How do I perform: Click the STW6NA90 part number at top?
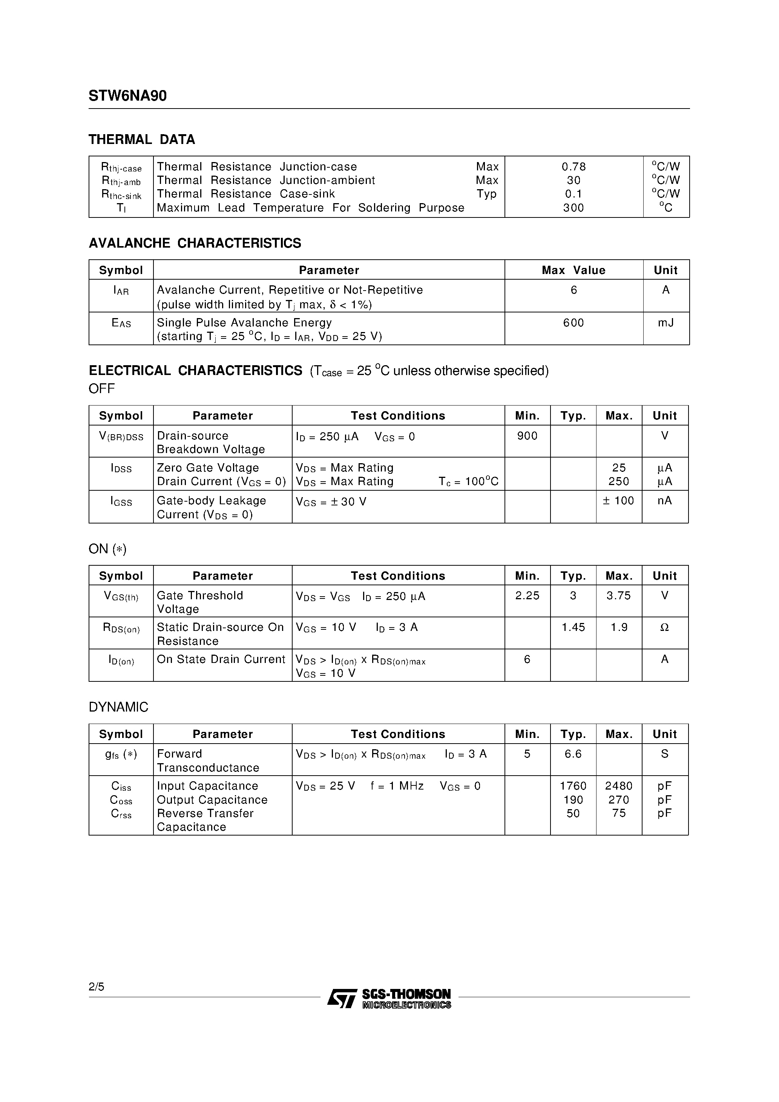click(x=127, y=96)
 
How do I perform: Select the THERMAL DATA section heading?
click(x=142, y=140)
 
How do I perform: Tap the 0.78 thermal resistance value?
click(x=574, y=167)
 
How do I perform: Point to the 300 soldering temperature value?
click(x=574, y=208)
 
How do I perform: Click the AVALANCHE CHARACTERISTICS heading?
click(x=195, y=243)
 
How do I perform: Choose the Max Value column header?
click(x=574, y=270)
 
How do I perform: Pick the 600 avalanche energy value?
click(x=574, y=323)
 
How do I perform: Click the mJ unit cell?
click(x=666, y=323)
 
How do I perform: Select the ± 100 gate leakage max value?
click(x=619, y=500)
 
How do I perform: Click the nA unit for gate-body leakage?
click(x=665, y=500)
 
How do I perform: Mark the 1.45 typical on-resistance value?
click(x=573, y=627)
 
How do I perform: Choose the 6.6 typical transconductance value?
click(x=573, y=754)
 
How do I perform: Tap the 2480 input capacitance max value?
click(x=619, y=786)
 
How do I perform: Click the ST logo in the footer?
click(x=342, y=998)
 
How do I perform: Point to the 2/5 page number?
click(x=96, y=986)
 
